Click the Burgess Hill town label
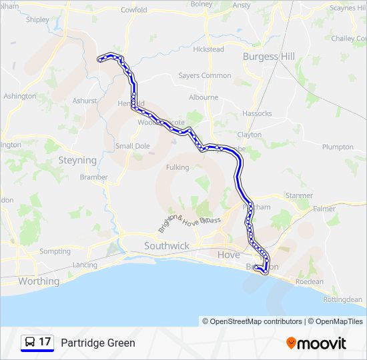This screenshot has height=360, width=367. point(269,57)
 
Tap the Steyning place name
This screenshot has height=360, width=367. point(77,160)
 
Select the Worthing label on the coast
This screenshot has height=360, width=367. point(39,281)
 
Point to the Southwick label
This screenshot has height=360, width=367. point(167,246)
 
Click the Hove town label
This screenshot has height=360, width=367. point(229,255)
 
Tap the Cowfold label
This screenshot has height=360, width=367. point(133,10)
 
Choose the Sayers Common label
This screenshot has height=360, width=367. point(205,75)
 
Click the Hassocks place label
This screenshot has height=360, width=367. point(257,113)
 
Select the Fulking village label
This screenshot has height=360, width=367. point(177,167)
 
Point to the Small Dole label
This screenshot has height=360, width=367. point(133,146)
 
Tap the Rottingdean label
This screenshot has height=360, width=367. point(342,299)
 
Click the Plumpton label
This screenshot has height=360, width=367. point(338,147)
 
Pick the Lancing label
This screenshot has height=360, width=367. point(85,265)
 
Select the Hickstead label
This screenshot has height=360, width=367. point(208,49)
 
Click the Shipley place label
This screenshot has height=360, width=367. point(37,19)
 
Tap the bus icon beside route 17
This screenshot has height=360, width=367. point(30,343)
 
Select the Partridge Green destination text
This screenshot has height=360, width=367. point(98,343)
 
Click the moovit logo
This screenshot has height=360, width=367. point(316,343)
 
